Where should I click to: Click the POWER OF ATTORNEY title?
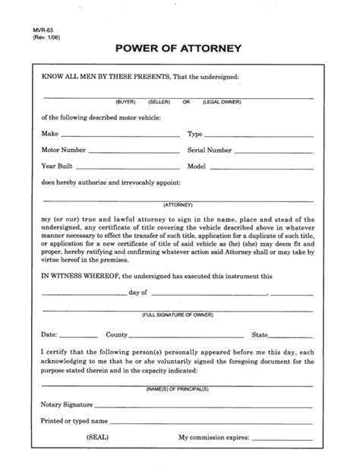[x=179, y=49]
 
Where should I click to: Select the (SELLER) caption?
[x=159, y=102]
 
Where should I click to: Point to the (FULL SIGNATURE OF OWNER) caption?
[x=179, y=314]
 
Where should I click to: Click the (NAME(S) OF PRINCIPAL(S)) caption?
[x=179, y=388]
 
